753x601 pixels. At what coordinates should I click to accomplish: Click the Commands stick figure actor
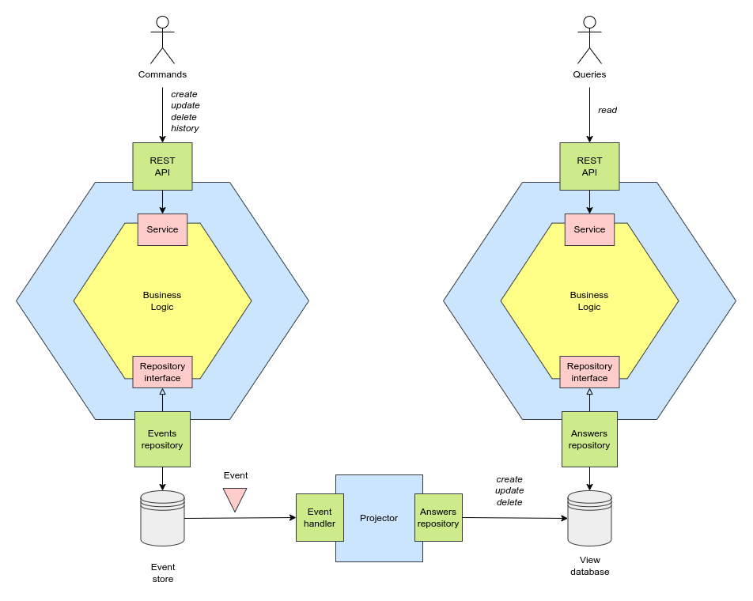point(162,40)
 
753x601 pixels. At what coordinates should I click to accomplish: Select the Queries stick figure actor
point(589,40)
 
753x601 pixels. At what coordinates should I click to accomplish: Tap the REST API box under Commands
point(162,166)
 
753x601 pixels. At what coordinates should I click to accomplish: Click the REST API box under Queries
point(589,166)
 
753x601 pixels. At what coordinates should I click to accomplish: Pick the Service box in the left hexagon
point(162,229)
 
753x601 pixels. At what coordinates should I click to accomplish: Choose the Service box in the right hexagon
point(589,229)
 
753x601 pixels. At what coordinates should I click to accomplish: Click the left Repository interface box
point(162,372)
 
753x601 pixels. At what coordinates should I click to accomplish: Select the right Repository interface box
point(589,372)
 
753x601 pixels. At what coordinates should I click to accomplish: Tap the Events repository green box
point(162,439)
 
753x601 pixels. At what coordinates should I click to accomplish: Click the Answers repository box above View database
point(589,439)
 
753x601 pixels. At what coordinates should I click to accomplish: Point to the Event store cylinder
point(162,519)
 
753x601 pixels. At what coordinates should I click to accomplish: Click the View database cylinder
point(589,519)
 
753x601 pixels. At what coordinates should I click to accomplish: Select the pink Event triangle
point(235,498)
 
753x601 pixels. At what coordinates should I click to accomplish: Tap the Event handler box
point(320,518)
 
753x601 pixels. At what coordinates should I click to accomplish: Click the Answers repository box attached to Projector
point(438,518)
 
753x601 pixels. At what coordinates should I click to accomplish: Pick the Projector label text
point(379,518)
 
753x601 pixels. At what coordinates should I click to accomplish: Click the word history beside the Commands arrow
point(185,128)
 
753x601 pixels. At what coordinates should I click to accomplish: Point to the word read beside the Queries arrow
point(607,110)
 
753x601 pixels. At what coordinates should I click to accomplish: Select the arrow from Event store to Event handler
point(237,518)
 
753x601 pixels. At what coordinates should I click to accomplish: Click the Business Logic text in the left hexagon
point(162,300)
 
